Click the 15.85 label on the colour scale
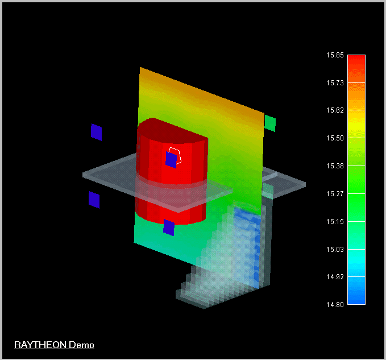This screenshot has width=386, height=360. (x=335, y=55)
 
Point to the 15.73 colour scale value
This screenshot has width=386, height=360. (x=335, y=83)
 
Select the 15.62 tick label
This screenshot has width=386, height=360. (x=335, y=110)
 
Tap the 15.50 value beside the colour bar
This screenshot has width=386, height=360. (x=335, y=138)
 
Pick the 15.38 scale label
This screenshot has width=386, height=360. (x=335, y=166)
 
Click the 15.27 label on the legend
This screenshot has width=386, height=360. (x=335, y=194)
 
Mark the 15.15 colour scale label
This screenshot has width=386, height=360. (x=335, y=222)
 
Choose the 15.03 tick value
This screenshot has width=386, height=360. (x=335, y=250)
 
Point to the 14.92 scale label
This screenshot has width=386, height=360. (x=335, y=277)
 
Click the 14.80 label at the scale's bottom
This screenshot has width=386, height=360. (x=335, y=305)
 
